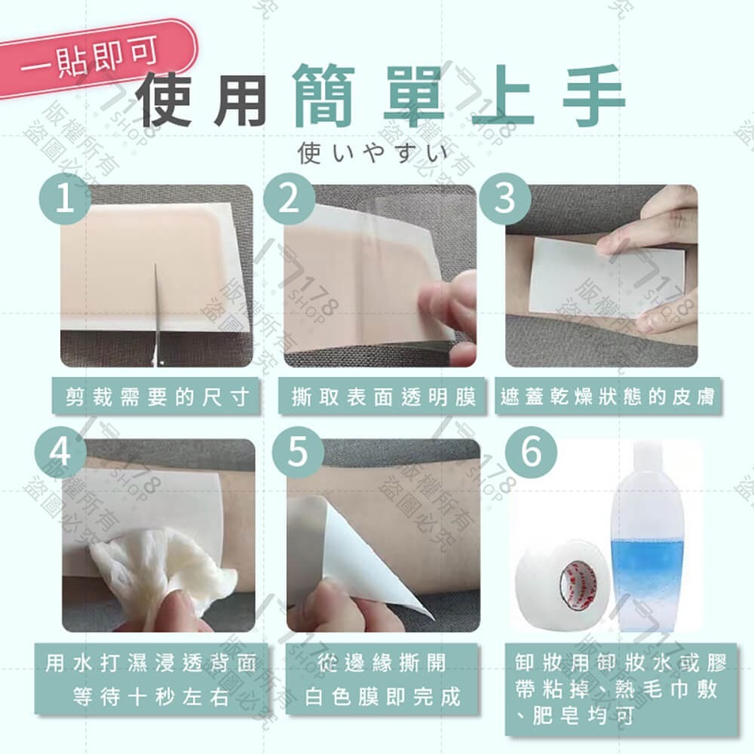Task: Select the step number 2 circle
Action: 291,198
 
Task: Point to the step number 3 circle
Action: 506,198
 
